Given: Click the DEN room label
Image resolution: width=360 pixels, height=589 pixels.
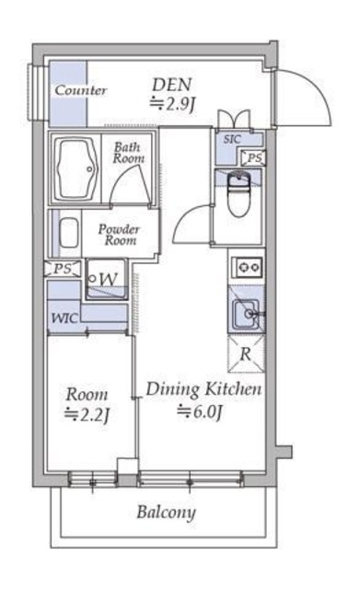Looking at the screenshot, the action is click(x=172, y=85).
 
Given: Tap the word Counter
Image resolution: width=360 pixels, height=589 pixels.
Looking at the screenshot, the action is click(x=81, y=90).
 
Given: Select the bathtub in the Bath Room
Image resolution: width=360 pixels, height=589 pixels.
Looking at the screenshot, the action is click(x=75, y=169).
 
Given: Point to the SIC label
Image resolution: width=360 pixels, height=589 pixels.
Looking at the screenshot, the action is click(x=232, y=139).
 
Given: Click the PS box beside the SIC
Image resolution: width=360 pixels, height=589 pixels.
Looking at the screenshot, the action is click(x=253, y=157).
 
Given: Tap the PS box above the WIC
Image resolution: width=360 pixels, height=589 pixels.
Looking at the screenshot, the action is click(x=63, y=269).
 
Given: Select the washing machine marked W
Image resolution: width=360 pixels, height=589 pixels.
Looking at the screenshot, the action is click(x=107, y=279).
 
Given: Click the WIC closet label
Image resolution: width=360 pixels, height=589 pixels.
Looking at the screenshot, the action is click(x=64, y=318).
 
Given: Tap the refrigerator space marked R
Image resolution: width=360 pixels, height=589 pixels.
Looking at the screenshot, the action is click(x=246, y=353).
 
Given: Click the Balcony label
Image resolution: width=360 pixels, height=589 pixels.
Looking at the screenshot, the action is click(x=166, y=513).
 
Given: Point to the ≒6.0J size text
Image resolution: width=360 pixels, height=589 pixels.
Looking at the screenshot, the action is click(x=201, y=412).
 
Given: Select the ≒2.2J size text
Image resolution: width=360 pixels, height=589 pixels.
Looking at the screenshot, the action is click(x=87, y=414).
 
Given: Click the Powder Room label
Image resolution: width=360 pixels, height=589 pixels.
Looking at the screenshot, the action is click(x=119, y=235).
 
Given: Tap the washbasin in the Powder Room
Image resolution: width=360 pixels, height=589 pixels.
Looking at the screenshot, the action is click(x=69, y=233).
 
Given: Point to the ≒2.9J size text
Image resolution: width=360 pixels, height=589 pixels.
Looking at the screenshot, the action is click(x=172, y=104).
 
